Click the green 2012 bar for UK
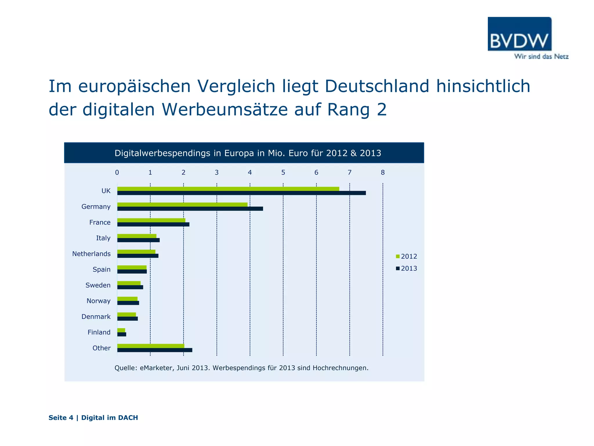coord(228,189)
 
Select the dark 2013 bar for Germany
coord(190,208)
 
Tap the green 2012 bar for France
coord(151,220)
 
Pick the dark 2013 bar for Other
coord(155,350)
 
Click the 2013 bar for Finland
coord(122,334)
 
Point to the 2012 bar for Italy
coord(137,236)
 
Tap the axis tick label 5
coord(283,172)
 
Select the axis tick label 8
coord(383,172)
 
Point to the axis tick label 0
coord(117,172)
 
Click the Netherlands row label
coord(91,254)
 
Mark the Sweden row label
coord(98,285)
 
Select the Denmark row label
coord(96,316)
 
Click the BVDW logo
coord(519,34)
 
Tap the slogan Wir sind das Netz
coord(541,57)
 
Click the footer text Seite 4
coord(61,418)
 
